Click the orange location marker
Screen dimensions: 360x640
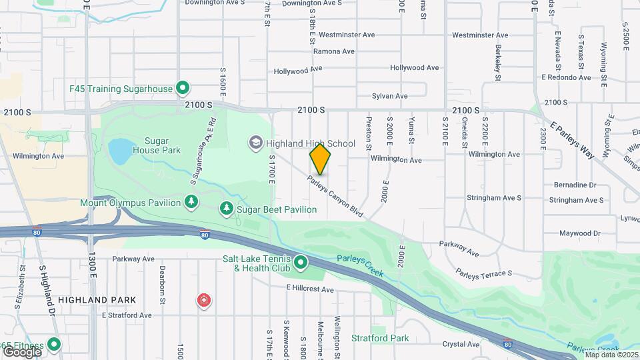320,159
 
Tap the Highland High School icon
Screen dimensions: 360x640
255,142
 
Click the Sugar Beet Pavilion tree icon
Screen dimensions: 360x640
227,209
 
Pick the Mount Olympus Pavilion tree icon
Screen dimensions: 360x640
191,201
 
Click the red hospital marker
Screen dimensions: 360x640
203,301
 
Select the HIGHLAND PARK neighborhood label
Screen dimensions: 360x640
97,300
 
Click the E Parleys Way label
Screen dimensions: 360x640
572,140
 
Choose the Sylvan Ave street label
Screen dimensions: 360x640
389,96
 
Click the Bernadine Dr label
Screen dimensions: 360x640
574,185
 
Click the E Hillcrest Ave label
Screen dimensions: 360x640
310,289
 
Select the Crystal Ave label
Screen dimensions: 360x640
461,344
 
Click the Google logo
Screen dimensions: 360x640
22,351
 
